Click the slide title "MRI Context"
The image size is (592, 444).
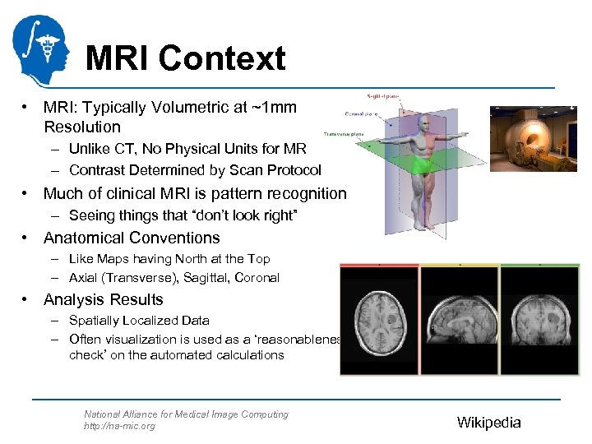click(x=185, y=58)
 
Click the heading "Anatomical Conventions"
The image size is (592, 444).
click(x=132, y=238)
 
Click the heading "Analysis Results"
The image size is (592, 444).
click(x=104, y=300)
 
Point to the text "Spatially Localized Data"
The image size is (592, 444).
click(x=139, y=321)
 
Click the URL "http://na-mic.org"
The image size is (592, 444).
click(x=119, y=426)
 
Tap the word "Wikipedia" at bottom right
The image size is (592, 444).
click(x=488, y=423)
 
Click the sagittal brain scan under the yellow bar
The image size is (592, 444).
click(x=459, y=320)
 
